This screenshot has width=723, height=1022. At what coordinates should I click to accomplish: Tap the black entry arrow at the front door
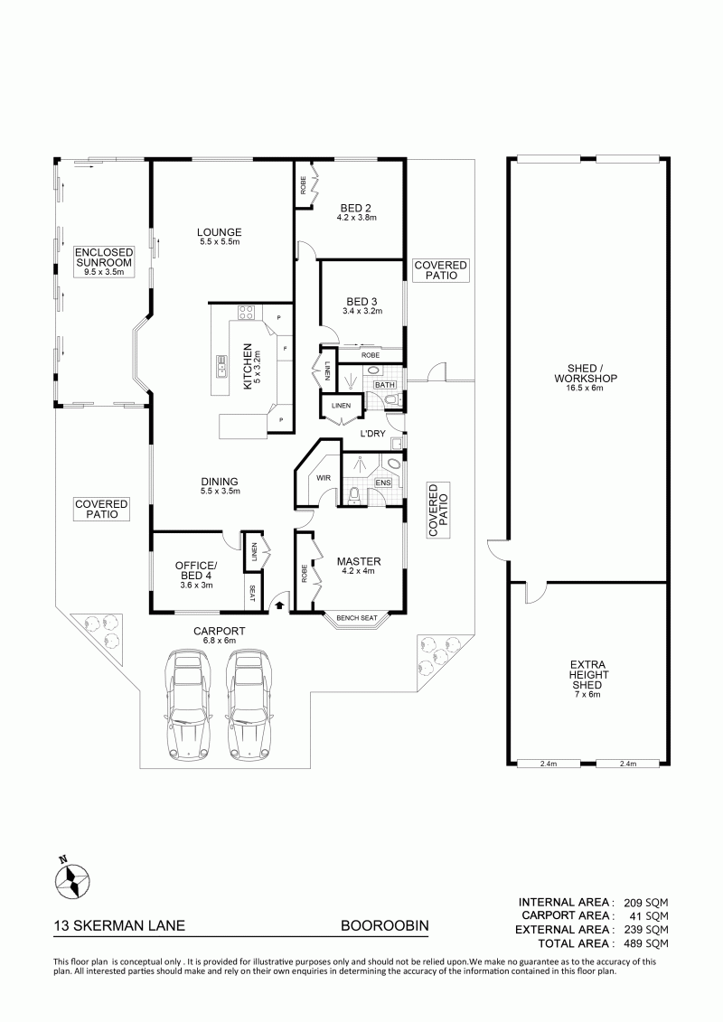tap(279, 605)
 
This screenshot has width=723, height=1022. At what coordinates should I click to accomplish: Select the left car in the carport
tap(186, 705)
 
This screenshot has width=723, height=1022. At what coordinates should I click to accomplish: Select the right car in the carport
tap(249, 705)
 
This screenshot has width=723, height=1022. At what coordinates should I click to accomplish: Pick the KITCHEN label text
tap(247, 366)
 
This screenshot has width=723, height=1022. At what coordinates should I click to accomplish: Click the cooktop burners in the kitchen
tap(247, 313)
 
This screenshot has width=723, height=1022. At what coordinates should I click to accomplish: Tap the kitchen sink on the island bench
tap(221, 368)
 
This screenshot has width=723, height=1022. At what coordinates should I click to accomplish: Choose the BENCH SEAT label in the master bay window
tap(357, 618)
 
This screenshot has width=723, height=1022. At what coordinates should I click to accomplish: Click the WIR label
tap(324, 478)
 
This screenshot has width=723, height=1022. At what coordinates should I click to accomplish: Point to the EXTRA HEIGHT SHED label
tap(587, 675)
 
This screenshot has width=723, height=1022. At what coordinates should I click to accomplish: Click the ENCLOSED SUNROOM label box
tap(104, 261)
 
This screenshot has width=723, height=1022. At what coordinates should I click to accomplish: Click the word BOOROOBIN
tap(385, 925)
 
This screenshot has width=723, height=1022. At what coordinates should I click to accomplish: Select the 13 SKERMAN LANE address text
tap(119, 925)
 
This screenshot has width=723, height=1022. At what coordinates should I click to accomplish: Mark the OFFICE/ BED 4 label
tap(195, 570)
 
